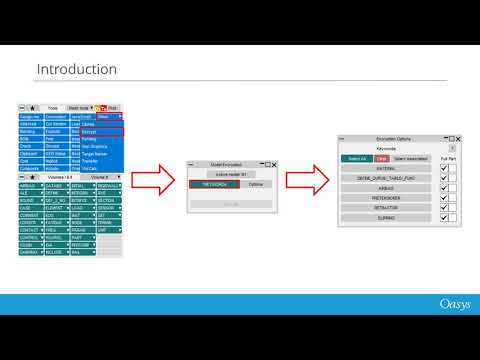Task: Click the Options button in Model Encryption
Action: [x=255, y=185]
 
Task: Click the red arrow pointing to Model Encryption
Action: [x=155, y=180]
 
